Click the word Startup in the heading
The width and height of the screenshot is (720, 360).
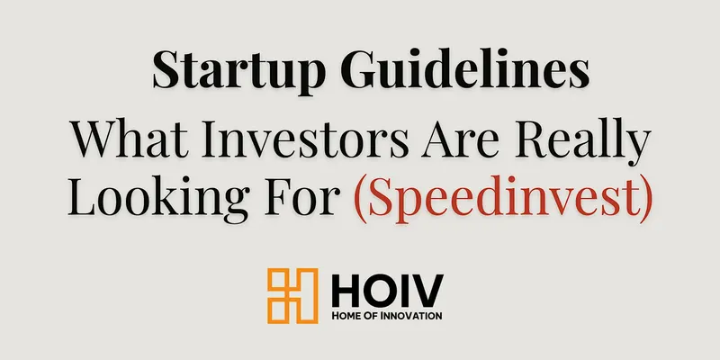pos(238,72)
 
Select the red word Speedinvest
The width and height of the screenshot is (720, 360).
pos(503,197)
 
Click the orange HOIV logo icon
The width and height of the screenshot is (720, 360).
pos(292,296)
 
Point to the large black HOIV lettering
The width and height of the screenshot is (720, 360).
pos(387,290)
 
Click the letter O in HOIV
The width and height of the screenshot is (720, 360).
pos(376,290)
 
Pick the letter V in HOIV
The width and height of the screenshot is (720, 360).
pos(426,290)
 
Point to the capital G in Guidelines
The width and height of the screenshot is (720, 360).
pos(360,69)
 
